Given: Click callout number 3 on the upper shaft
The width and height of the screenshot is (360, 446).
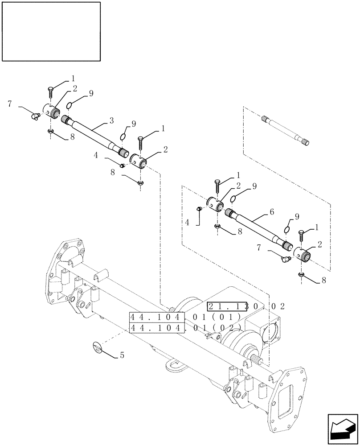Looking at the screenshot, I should (x=111, y=121).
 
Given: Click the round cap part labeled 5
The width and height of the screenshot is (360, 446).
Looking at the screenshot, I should (x=98, y=347).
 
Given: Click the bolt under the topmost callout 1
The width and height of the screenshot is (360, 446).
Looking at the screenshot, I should (x=50, y=94).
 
